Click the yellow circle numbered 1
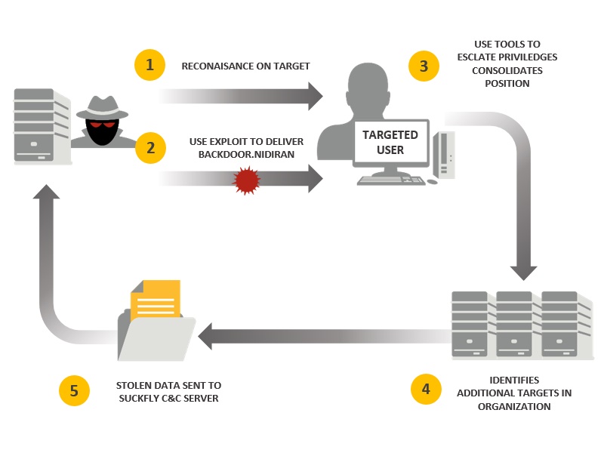pos(149,66)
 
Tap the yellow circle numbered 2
pos(150,148)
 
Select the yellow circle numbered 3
pos(424,66)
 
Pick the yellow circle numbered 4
pos(426,390)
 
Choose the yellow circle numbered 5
pos(74,390)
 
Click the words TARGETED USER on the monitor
pos(390,142)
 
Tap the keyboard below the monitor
pos(391,180)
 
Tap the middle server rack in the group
pos(514,325)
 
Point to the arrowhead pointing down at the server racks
pos(522,271)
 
